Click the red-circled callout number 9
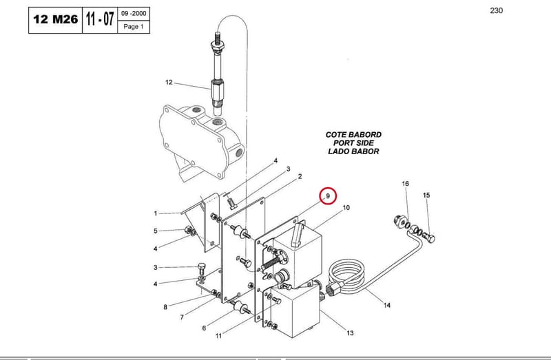point(328,196)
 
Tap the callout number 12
point(169,82)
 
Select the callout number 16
point(406,183)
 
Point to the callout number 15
point(426,195)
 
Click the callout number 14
point(387,305)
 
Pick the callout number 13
point(350,332)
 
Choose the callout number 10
point(346,208)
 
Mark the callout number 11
point(218,336)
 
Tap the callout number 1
point(156,213)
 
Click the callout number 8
point(165,307)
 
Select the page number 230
point(496,10)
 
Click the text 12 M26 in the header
point(56,19)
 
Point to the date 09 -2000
point(134,14)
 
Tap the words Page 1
point(134,27)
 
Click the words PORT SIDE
point(353,143)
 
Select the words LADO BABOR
point(353,151)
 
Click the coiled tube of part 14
point(346,274)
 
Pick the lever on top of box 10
point(298,234)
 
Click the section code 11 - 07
point(100,19)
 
